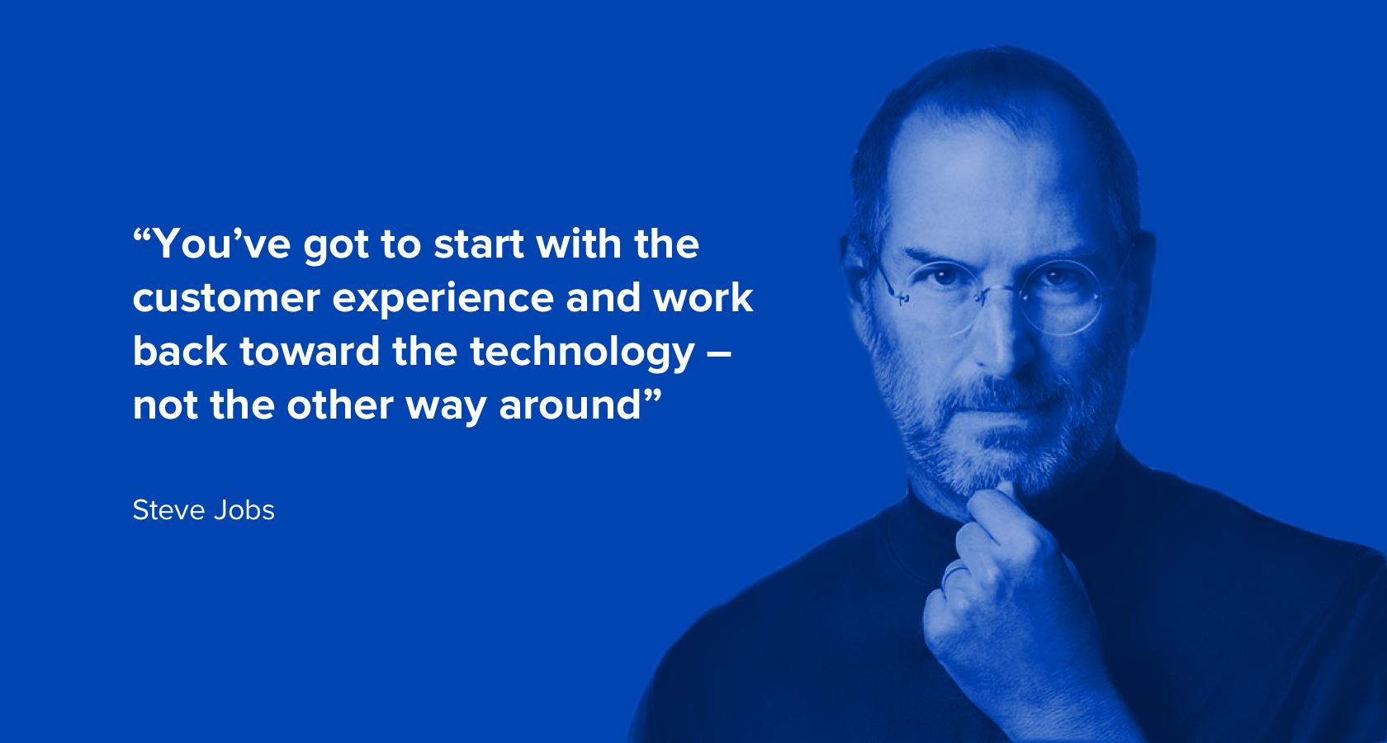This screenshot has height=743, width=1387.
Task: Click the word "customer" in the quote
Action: pyautogui.click(x=226, y=299)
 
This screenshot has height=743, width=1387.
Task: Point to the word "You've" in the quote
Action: pyautogui.click(x=221, y=244)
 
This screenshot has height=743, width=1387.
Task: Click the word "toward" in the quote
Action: pyautogui.click(x=310, y=352)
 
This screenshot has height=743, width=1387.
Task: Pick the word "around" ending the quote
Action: pyautogui.click(x=570, y=406)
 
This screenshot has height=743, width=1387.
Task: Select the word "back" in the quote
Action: pyautogui.click(x=180, y=352)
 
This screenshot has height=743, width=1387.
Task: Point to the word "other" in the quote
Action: pyautogui.click(x=340, y=405)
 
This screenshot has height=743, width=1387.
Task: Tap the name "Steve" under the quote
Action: pyautogui.click(x=168, y=511)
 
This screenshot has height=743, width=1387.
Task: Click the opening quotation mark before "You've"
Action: pyautogui.click(x=142, y=236)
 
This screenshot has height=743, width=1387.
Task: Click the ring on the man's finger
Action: pyautogui.click(x=954, y=574)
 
